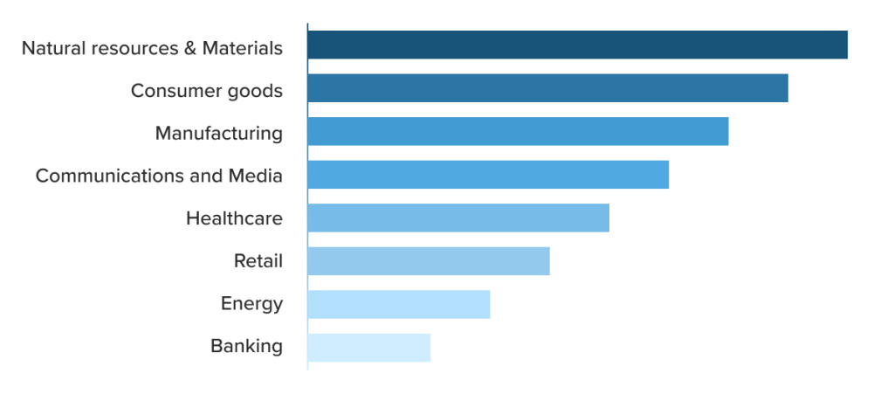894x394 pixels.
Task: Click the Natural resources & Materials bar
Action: click(x=577, y=45)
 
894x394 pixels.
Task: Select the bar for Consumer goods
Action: click(x=547, y=88)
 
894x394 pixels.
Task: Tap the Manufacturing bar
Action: click(x=518, y=131)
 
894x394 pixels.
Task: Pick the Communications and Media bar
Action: click(x=488, y=175)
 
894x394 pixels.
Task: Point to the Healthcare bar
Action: click(x=458, y=218)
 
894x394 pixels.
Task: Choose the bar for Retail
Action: click(x=429, y=261)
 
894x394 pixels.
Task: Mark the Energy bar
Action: click(x=398, y=304)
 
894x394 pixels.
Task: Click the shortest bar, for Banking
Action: click(x=368, y=348)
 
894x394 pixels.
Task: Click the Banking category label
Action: click(x=246, y=347)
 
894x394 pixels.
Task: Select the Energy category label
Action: click(x=251, y=304)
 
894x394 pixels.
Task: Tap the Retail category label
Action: click(x=258, y=260)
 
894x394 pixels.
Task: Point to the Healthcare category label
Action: click(x=234, y=218)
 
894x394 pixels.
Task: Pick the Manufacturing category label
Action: click(x=218, y=134)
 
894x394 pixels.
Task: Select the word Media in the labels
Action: click(x=255, y=176)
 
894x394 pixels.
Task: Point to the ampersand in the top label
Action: click(x=190, y=48)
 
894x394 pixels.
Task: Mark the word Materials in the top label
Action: click(x=242, y=48)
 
